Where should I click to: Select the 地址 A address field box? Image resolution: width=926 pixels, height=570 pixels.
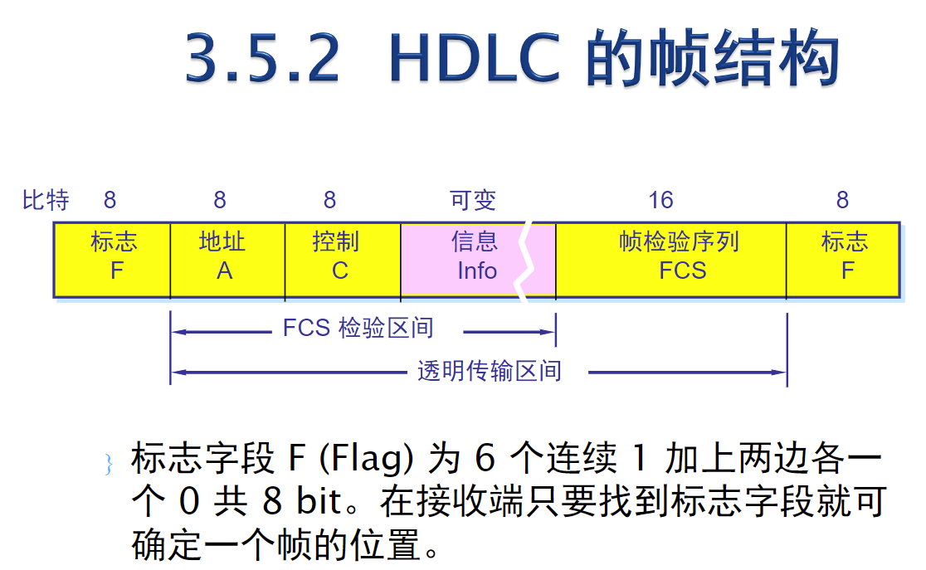(227, 259)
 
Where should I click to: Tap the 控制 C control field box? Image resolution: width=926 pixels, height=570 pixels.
(342, 259)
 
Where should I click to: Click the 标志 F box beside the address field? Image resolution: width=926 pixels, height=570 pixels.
(112, 259)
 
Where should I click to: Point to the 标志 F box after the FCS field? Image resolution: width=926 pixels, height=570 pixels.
(843, 259)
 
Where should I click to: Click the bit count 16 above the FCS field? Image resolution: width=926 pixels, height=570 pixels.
(660, 200)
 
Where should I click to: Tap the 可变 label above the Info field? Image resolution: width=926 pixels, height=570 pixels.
(472, 200)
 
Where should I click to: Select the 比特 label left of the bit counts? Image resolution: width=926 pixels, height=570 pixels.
(46, 200)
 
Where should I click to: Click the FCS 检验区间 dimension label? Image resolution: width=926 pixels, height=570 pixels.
(358, 329)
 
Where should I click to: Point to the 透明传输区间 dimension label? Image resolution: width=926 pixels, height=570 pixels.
(489, 371)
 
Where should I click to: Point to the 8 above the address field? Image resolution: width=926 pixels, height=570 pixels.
(220, 200)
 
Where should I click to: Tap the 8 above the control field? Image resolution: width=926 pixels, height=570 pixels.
(329, 200)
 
